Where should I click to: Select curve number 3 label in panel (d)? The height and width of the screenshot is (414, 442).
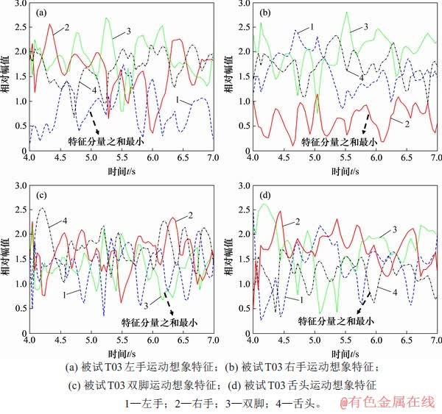click(395, 231)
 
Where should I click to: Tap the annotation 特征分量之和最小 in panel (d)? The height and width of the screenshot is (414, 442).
click(336, 321)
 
